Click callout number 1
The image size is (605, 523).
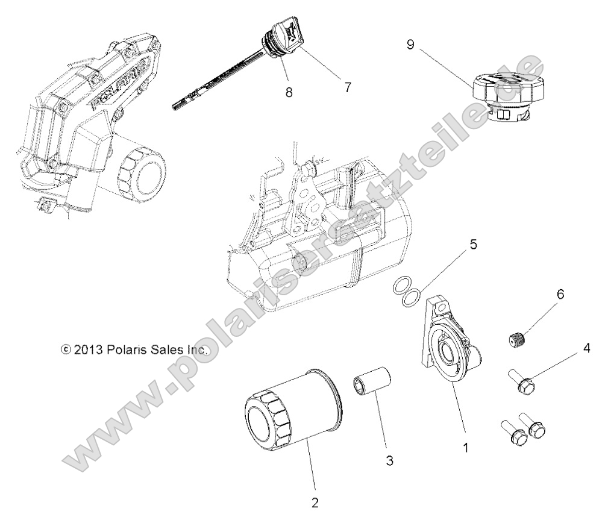click(x=464, y=449)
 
